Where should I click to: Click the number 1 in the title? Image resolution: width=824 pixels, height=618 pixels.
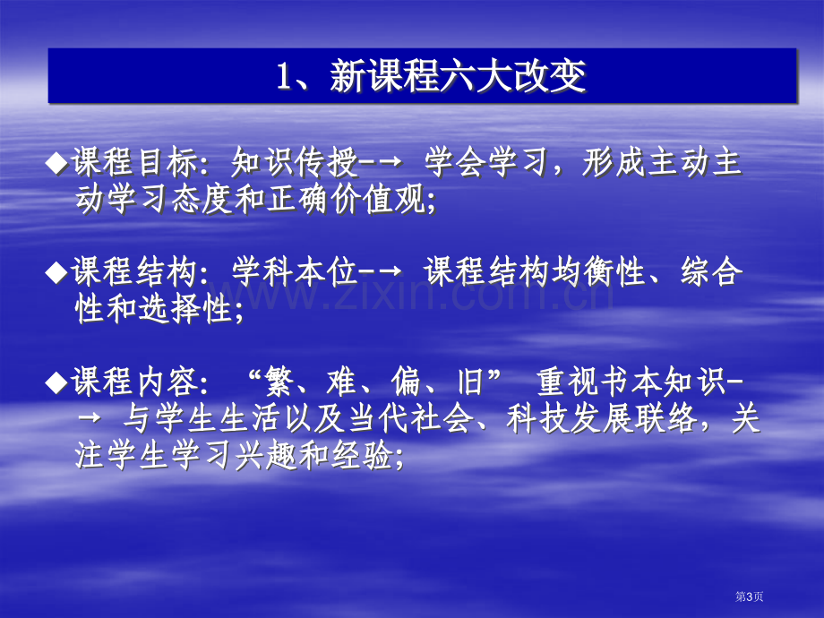(284, 77)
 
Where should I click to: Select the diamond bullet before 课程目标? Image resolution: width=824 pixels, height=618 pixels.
(56, 163)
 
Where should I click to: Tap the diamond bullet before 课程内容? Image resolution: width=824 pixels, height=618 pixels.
(56, 382)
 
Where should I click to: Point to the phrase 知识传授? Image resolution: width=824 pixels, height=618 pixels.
(295, 162)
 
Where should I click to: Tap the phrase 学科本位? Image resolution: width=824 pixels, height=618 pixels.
(295, 272)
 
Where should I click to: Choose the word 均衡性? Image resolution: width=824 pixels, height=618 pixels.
(598, 272)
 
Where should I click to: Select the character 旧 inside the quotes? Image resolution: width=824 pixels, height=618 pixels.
(470, 382)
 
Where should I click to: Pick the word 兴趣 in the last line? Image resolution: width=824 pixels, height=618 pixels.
(266, 455)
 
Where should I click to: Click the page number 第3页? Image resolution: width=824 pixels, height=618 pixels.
(750, 597)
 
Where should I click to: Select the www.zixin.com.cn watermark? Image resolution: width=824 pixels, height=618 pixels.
(410, 296)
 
